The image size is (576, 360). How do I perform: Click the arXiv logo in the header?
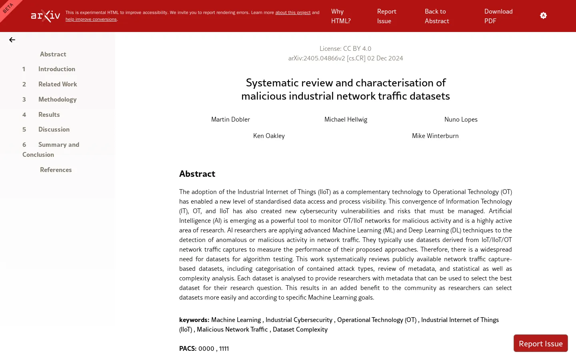point(46,16)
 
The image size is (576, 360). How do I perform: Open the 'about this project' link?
point(292,12)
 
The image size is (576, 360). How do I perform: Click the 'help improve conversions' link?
point(91,19)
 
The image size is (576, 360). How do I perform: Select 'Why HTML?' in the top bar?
point(340,16)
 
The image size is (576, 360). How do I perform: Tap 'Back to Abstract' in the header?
point(436,16)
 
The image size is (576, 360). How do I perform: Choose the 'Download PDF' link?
point(498,16)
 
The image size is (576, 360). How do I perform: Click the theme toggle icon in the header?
point(543,16)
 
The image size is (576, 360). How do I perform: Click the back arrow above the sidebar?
point(12,40)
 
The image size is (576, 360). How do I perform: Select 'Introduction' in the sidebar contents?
point(56,69)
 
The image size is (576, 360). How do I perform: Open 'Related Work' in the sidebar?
point(58,84)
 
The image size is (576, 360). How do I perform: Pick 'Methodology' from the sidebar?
point(57,99)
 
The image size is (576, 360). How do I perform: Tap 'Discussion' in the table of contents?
point(54,129)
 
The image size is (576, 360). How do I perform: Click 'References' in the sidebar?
point(56,170)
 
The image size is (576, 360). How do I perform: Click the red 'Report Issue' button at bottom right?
point(540,343)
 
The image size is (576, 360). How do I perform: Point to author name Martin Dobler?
point(230,119)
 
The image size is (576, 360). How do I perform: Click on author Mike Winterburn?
point(435,136)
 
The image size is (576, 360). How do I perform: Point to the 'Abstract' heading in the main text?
point(197,174)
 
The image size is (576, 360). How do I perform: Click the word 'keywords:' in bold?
point(194,320)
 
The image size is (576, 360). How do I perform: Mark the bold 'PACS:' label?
point(188,348)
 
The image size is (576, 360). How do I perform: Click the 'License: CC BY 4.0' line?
point(345,48)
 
